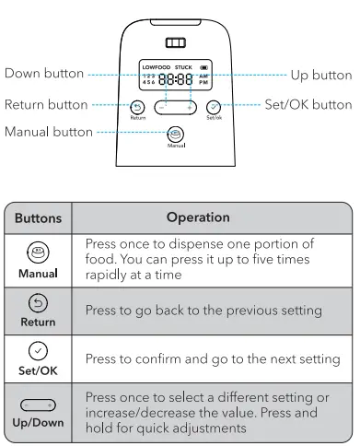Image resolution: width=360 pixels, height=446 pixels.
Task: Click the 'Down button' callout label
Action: coord(44,74)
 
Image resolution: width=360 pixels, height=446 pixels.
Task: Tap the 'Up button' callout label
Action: coord(321,76)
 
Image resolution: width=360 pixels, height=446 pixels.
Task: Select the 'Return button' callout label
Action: coord(46,105)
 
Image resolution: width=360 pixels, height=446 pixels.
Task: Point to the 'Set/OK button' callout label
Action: coord(308,105)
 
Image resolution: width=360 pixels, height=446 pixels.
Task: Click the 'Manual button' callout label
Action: coord(49,132)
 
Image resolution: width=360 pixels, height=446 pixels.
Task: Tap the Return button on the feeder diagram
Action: coord(137,108)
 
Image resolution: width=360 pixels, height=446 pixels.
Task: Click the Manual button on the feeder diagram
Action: coord(176,135)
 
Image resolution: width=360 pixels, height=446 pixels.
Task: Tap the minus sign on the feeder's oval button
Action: coord(162,108)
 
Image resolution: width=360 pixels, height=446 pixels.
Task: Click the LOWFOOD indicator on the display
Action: coord(157,67)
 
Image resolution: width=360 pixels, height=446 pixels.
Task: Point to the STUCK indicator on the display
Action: coord(183,67)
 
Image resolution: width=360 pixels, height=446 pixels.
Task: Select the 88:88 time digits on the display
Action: coord(176,79)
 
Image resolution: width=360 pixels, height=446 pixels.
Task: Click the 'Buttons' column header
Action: coord(39,218)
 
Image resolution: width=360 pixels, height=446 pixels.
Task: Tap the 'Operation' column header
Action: coord(198,217)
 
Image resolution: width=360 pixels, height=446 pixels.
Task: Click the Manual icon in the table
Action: coord(38,252)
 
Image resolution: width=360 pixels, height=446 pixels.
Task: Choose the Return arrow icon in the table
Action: coord(38,303)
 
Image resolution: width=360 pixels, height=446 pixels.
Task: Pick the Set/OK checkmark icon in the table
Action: coord(38,351)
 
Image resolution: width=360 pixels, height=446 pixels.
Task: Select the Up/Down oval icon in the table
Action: coord(38,405)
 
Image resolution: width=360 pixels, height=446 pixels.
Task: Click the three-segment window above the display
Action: coord(176,42)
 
